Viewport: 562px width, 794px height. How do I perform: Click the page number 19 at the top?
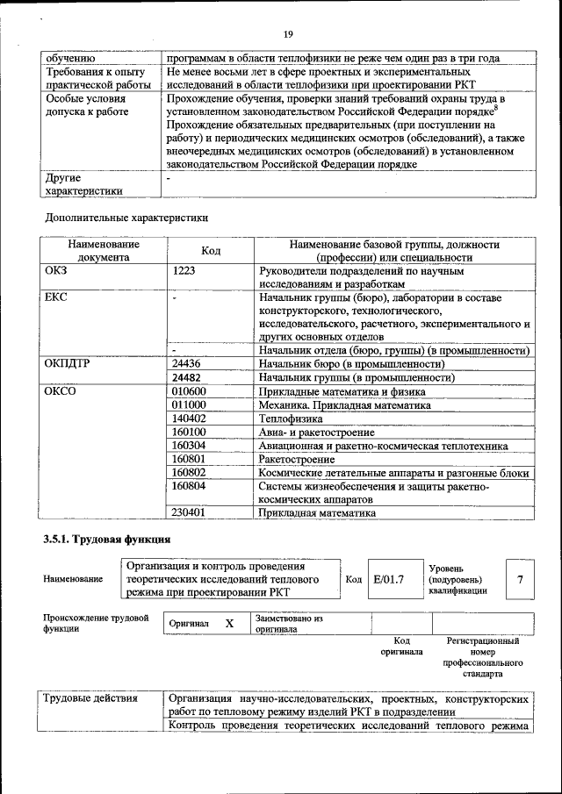click(x=287, y=34)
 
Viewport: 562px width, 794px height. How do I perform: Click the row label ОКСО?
click(x=61, y=391)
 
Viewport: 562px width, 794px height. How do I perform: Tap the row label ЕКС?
click(x=56, y=297)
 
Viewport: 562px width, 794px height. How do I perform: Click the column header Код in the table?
click(x=211, y=251)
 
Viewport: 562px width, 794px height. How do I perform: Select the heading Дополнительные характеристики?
click(x=126, y=217)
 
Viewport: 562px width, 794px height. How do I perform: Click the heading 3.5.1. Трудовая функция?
click(x=106, y=539)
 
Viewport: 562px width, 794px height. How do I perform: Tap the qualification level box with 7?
click(x=520, y=579)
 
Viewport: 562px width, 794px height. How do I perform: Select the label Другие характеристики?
click(x=84, y=184)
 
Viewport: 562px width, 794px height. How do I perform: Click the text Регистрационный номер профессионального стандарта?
click(x=484, y=658)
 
